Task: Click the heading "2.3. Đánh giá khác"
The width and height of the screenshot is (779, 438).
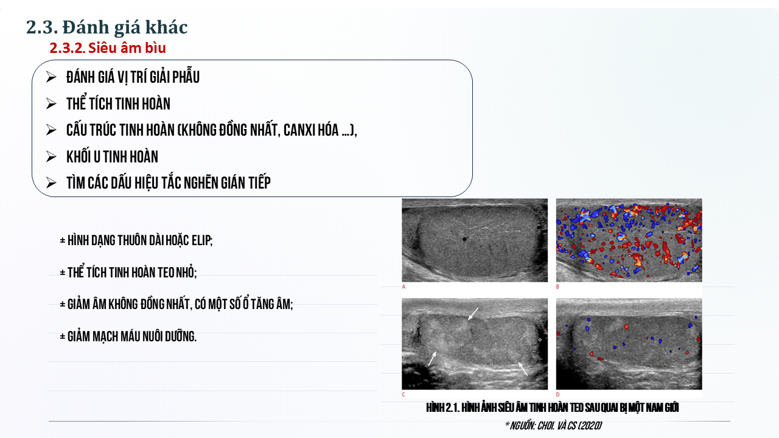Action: pos(107,27)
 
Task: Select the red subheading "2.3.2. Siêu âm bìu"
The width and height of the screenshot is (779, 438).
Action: pos(108,48)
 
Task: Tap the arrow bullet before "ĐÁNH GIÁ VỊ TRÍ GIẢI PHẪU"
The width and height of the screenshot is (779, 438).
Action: pos(51,77)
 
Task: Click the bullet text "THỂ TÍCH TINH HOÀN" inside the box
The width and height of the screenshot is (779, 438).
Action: pos(118,103)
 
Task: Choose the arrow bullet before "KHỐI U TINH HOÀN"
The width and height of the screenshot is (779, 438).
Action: pos(51,156)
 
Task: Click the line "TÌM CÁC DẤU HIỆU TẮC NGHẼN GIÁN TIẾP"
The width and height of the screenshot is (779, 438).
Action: pos(169,183)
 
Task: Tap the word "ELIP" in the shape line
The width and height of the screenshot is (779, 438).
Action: pos(201,240)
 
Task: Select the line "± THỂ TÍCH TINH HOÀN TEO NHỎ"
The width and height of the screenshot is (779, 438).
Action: pos(128,272)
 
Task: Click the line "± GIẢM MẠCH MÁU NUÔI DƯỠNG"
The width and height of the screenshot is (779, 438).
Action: pos(128,336)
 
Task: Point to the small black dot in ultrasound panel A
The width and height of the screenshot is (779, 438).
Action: pos(464,239)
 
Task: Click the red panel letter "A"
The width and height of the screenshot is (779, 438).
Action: pos(403,287)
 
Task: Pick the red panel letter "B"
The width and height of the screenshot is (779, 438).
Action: pos(558,287)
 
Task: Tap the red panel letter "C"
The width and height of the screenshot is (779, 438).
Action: pos(403,395)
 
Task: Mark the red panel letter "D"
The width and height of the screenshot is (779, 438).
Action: pos(558,395)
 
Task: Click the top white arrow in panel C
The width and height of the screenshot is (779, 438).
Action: pos(473,314)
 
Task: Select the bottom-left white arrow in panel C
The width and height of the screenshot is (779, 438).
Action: pos(432,358)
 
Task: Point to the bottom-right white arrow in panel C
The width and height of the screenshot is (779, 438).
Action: pos(523,369)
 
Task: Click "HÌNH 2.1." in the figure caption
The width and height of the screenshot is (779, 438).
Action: pos(443,408)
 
